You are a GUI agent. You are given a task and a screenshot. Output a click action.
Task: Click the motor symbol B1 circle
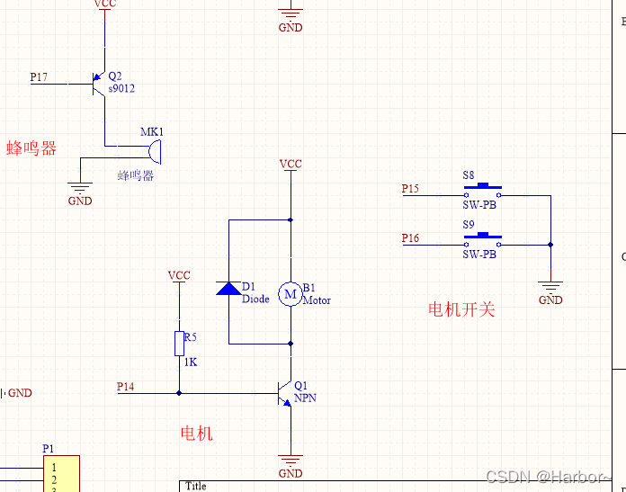tap(290, 293)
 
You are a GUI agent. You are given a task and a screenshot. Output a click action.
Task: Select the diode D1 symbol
tap(228, 289)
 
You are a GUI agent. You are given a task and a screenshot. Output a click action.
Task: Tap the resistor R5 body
tap(179, 343)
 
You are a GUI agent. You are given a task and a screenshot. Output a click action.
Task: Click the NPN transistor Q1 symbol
tap(285, 393)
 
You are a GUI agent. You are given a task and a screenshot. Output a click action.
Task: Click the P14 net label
tap(126, 387)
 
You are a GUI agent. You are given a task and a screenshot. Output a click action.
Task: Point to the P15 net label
tap(410, 189)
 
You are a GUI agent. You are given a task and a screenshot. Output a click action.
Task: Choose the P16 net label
tap(410, 238)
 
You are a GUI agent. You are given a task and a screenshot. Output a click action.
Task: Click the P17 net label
tap(39, 77)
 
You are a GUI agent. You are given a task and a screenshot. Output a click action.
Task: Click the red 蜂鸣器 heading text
tap(31, 148)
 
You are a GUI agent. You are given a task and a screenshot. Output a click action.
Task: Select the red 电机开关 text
tap(461, 310)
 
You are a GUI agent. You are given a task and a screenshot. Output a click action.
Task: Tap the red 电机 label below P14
tap(197, 434)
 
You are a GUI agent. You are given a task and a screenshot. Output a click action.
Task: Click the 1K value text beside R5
tap(191, 362)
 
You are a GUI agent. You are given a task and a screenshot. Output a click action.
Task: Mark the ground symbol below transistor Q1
tap(290, 461)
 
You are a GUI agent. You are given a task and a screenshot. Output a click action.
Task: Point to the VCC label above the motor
tap(291, 165)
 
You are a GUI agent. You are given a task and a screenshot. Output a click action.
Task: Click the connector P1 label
tap(49, 448)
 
